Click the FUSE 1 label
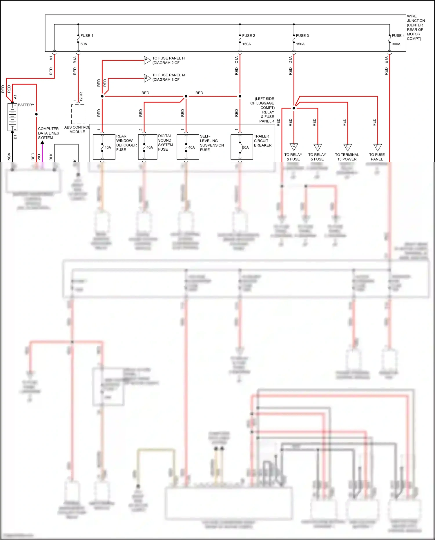pyautogui.click(x=87, y=36)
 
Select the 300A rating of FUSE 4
pyautogui.click(x=396, y=44)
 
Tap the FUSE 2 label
pyautogui.click(x=249, y=36)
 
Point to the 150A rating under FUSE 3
pyautogui.click(x=300, y=44)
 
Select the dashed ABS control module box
pyautogui.click(x=78, y=114)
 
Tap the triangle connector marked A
pyautogui.click(x=147, y=60)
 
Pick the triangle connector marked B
pyautogui.click(x=147, y=77)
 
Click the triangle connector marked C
pyautogui.click(x=293, y=147)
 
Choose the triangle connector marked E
pyautogui.click(x=347, y=147)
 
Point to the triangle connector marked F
pyautogui.click(x=377, y=147)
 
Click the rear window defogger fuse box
pyautogui.click(x=104, y=147)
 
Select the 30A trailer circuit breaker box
pyautogui.click(x=242, y=147)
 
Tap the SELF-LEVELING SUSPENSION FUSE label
pyautogui.click(x=212, y=143)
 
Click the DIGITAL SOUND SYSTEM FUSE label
pyautogui.click(x=165, y=142)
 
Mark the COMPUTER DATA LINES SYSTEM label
pyautogui.click(x=48, y=133)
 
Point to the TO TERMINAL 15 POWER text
pyautogui.click(x=347, y=157)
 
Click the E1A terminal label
pyautogui.click(x=386, y=60)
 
